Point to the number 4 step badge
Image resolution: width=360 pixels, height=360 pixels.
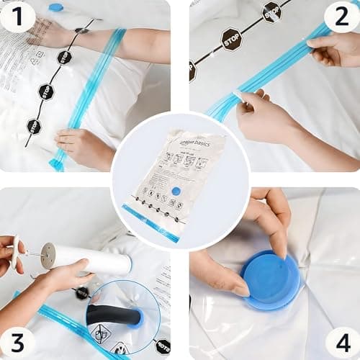342,342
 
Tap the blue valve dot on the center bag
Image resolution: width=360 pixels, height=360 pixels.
176,192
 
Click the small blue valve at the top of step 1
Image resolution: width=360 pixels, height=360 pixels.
55,7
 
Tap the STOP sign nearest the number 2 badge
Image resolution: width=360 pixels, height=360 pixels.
272,11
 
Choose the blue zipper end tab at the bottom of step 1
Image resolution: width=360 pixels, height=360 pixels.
57,164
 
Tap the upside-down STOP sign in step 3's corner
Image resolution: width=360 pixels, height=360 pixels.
163,346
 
